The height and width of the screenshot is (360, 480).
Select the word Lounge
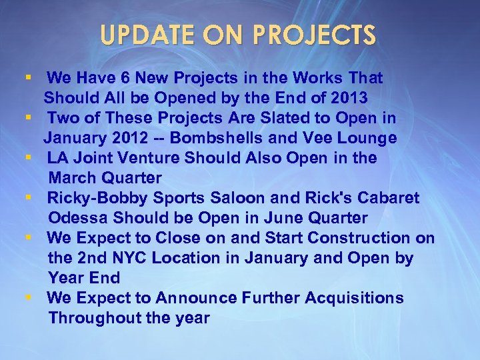coord(365,138)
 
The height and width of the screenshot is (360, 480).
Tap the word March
coord(73,178)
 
